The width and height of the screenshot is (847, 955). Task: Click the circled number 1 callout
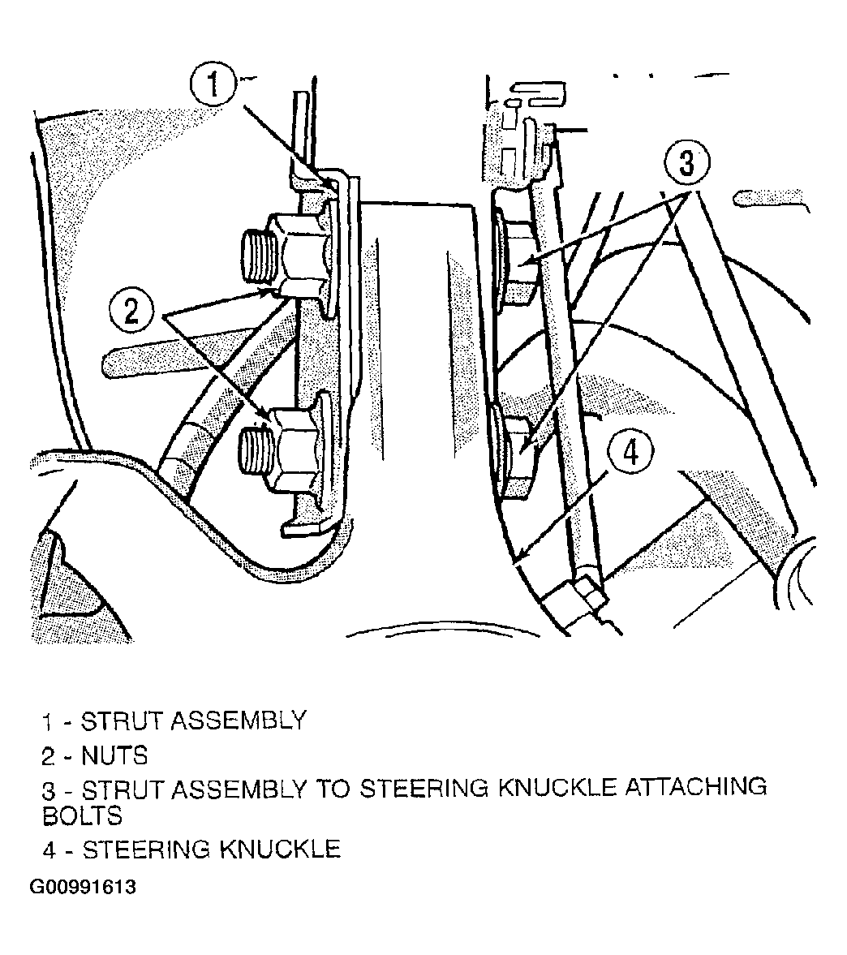[213, 85]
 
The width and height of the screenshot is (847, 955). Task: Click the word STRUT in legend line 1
[122, 721]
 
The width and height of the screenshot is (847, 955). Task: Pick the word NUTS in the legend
[115, 756]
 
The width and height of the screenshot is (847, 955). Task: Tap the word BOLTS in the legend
[82, 815]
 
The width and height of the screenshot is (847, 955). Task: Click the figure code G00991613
[83, 887]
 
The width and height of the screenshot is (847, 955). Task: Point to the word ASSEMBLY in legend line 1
[238, 721]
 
